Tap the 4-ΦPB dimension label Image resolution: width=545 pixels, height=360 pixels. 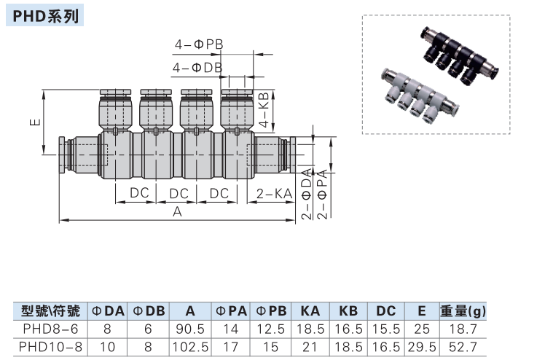coord(197,44)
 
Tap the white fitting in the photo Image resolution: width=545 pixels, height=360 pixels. coord(416,94)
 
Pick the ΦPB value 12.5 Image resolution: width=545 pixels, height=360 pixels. coord(271,328)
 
